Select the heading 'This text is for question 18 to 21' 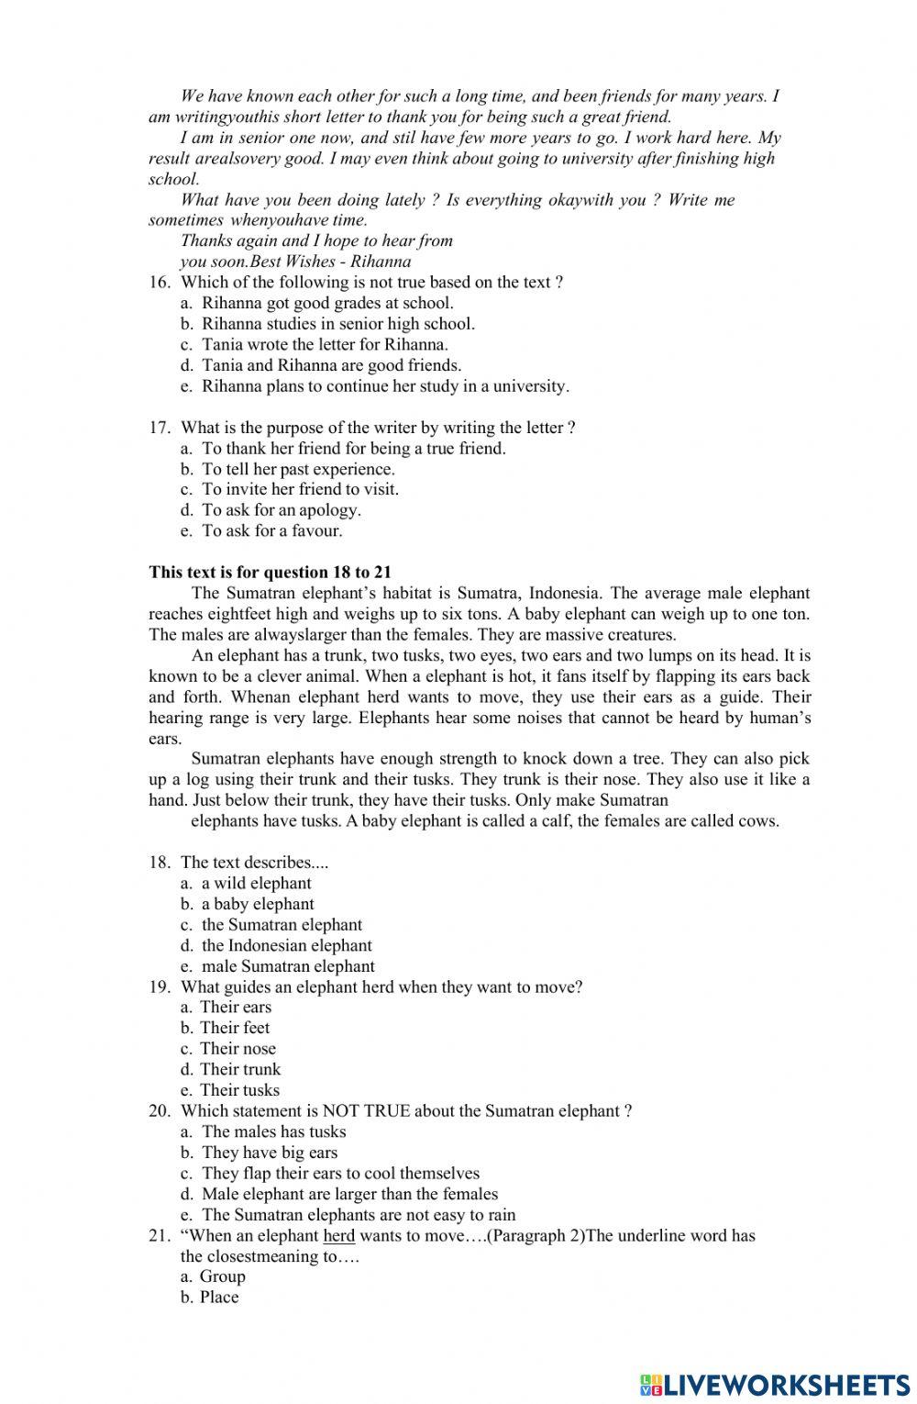pyautogui.click(x=271, y=572)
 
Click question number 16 pyautogui.click(x=160, y=283)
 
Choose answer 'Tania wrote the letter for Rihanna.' pyautogui.click(x=325, y=345)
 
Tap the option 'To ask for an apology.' pyautogui.click(x=281, y=510)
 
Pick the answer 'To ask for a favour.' pyautogui.click(x=271, y=530)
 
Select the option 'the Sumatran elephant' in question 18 pyautogui.click(x=282, y=925)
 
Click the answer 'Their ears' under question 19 pyautogui.click(x=236, y=1008)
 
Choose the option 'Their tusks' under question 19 pyautogui.click(x=239, y=1090)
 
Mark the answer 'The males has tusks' pyautogui.click(x=273, y=1131)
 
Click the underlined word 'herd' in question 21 pyautogui.click(x=339, y=1235)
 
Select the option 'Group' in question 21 pyautogui.click(x=223, y=1276)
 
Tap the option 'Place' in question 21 pyautogui.click(x=219, y=1298)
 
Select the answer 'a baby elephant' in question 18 pyautogui.click(x=258, y=905)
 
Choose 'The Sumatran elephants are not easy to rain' pyautogui.click(x=359, y=1215)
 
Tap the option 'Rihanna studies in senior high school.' pyautogui.click(x=337, y=324)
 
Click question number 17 pyautogui.click(x=160, y=428)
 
